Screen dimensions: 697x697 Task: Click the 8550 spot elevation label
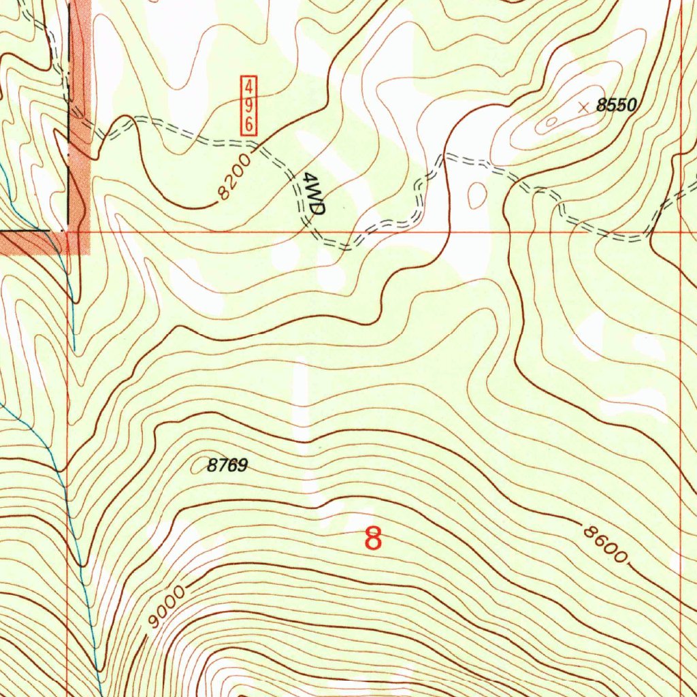click(616, 105)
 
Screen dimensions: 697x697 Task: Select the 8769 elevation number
click(227, 466)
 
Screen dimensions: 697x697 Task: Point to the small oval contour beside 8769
click(199, 466)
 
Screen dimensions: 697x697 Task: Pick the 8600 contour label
click(604, 542)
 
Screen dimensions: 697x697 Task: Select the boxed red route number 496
click(250, 105)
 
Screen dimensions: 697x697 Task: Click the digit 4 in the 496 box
click(250, 87)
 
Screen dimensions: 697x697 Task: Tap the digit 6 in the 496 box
click(250, 123)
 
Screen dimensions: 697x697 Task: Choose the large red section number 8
click(373, 538)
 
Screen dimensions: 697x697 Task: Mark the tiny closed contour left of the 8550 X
click(551, 123)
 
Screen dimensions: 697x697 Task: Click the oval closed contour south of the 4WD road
click(478, 196)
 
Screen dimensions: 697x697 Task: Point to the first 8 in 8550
click(601, 105)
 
